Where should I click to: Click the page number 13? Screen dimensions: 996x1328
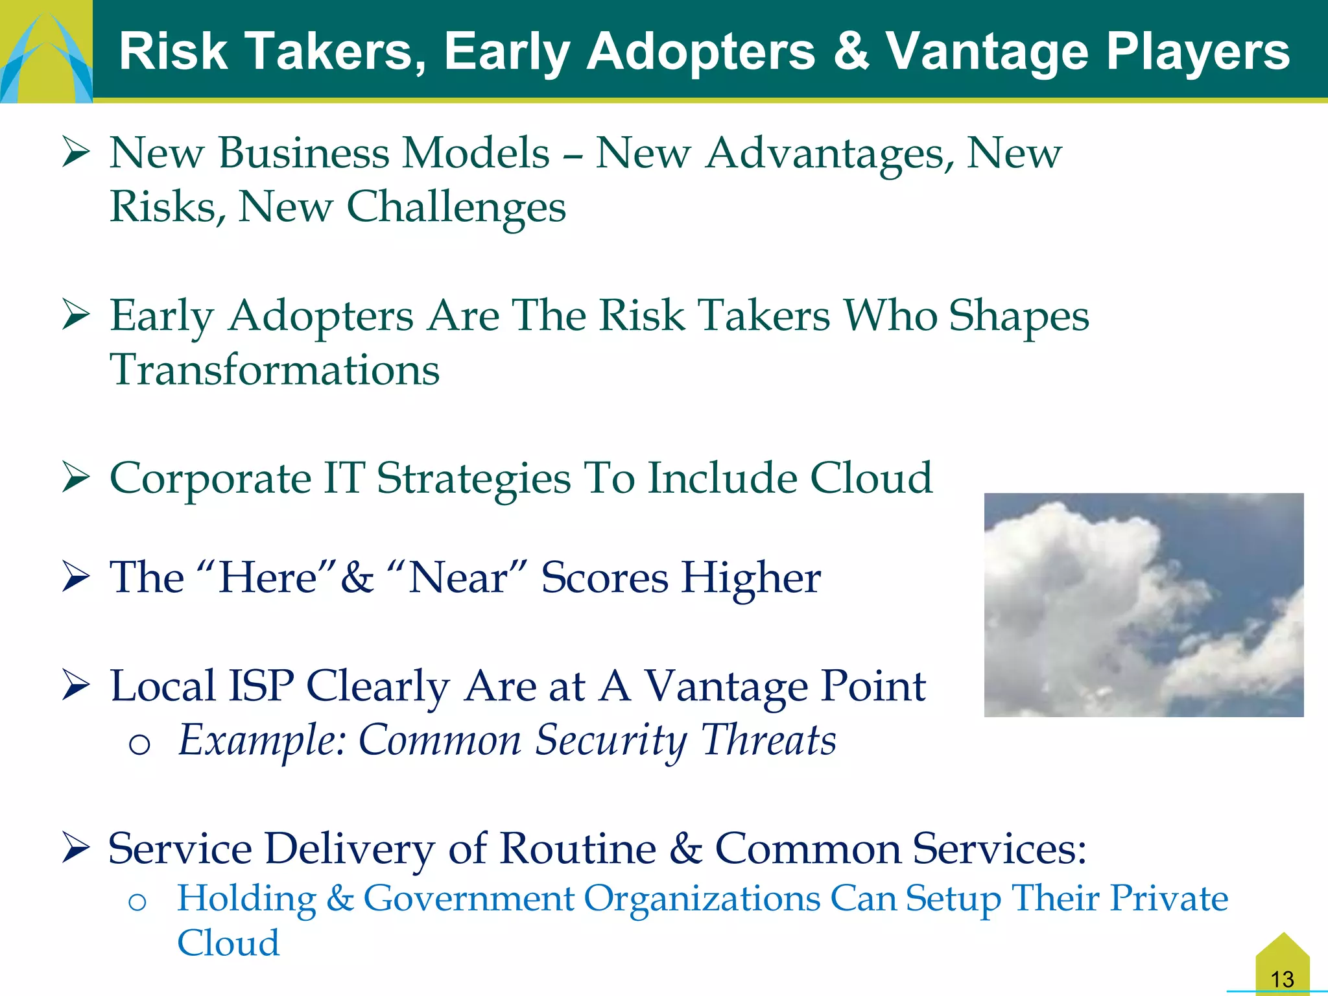point(1282,978)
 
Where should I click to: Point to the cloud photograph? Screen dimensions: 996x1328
point(1143,604)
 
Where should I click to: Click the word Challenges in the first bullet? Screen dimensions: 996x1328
point(456,207)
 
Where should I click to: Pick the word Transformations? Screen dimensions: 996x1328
point(275,370)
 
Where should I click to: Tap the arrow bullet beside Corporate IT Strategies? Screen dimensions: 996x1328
point(76,479)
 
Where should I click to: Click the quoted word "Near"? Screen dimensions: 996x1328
point(457,577)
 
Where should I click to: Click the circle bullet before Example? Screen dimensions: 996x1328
point(139,744)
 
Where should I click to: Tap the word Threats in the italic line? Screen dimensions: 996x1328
point(769,741)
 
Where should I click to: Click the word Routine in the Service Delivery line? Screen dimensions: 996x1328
point(578,848)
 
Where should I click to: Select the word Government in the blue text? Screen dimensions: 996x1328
point(468,899)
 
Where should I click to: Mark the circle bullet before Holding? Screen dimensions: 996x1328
point(137,902)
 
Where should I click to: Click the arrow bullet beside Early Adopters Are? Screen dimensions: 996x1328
point(76,316)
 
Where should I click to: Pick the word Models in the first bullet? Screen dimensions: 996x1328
point(475,154)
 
